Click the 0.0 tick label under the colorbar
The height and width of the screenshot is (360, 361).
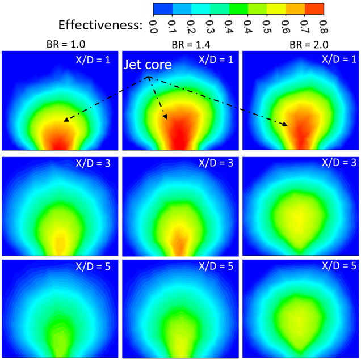click(154, 26)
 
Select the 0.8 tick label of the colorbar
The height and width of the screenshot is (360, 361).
click(324, 26)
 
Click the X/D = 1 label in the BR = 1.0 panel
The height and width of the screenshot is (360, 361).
click(94, 59)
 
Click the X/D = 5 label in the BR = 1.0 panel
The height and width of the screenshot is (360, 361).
click(94, 266)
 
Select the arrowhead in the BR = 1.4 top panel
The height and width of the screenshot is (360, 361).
click(165, 117)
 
